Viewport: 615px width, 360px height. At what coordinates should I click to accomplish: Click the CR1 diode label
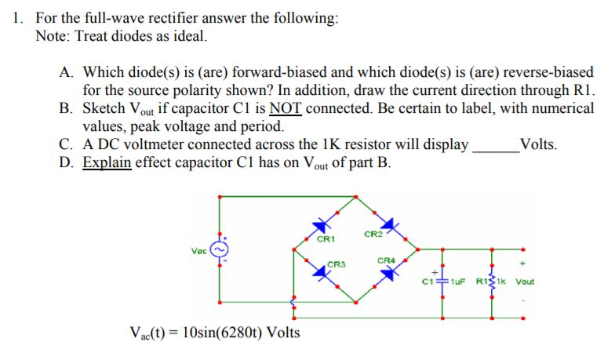click(x=326, y=238)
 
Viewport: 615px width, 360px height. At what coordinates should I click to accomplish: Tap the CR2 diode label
click(x=373, y=234)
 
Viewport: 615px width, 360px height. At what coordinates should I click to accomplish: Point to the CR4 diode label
click(x=385, y=260)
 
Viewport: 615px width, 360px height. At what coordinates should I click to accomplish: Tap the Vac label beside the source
click(x=199, y=250)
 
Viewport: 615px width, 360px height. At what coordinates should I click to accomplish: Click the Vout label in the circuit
click(x=525, y=282)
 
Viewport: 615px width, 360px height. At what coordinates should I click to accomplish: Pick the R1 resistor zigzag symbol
click(x=492, y=280)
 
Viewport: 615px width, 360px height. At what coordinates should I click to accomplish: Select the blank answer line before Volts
click(x=493, y=146)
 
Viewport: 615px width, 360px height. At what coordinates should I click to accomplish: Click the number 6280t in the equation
click(x=224, y=332)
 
